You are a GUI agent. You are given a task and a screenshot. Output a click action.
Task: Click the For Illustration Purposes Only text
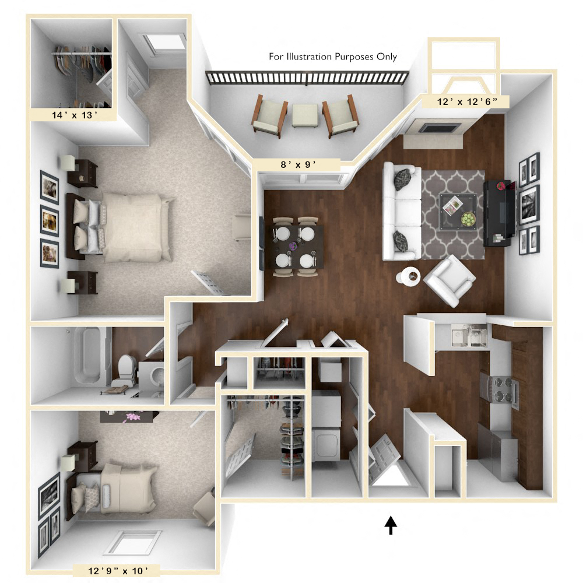(332, 57)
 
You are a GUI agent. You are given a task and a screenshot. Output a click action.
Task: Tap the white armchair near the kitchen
(449, 281)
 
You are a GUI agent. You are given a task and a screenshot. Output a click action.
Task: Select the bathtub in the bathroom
(92, 357)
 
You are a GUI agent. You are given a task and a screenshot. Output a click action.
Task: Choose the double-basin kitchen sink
(469, 336)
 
